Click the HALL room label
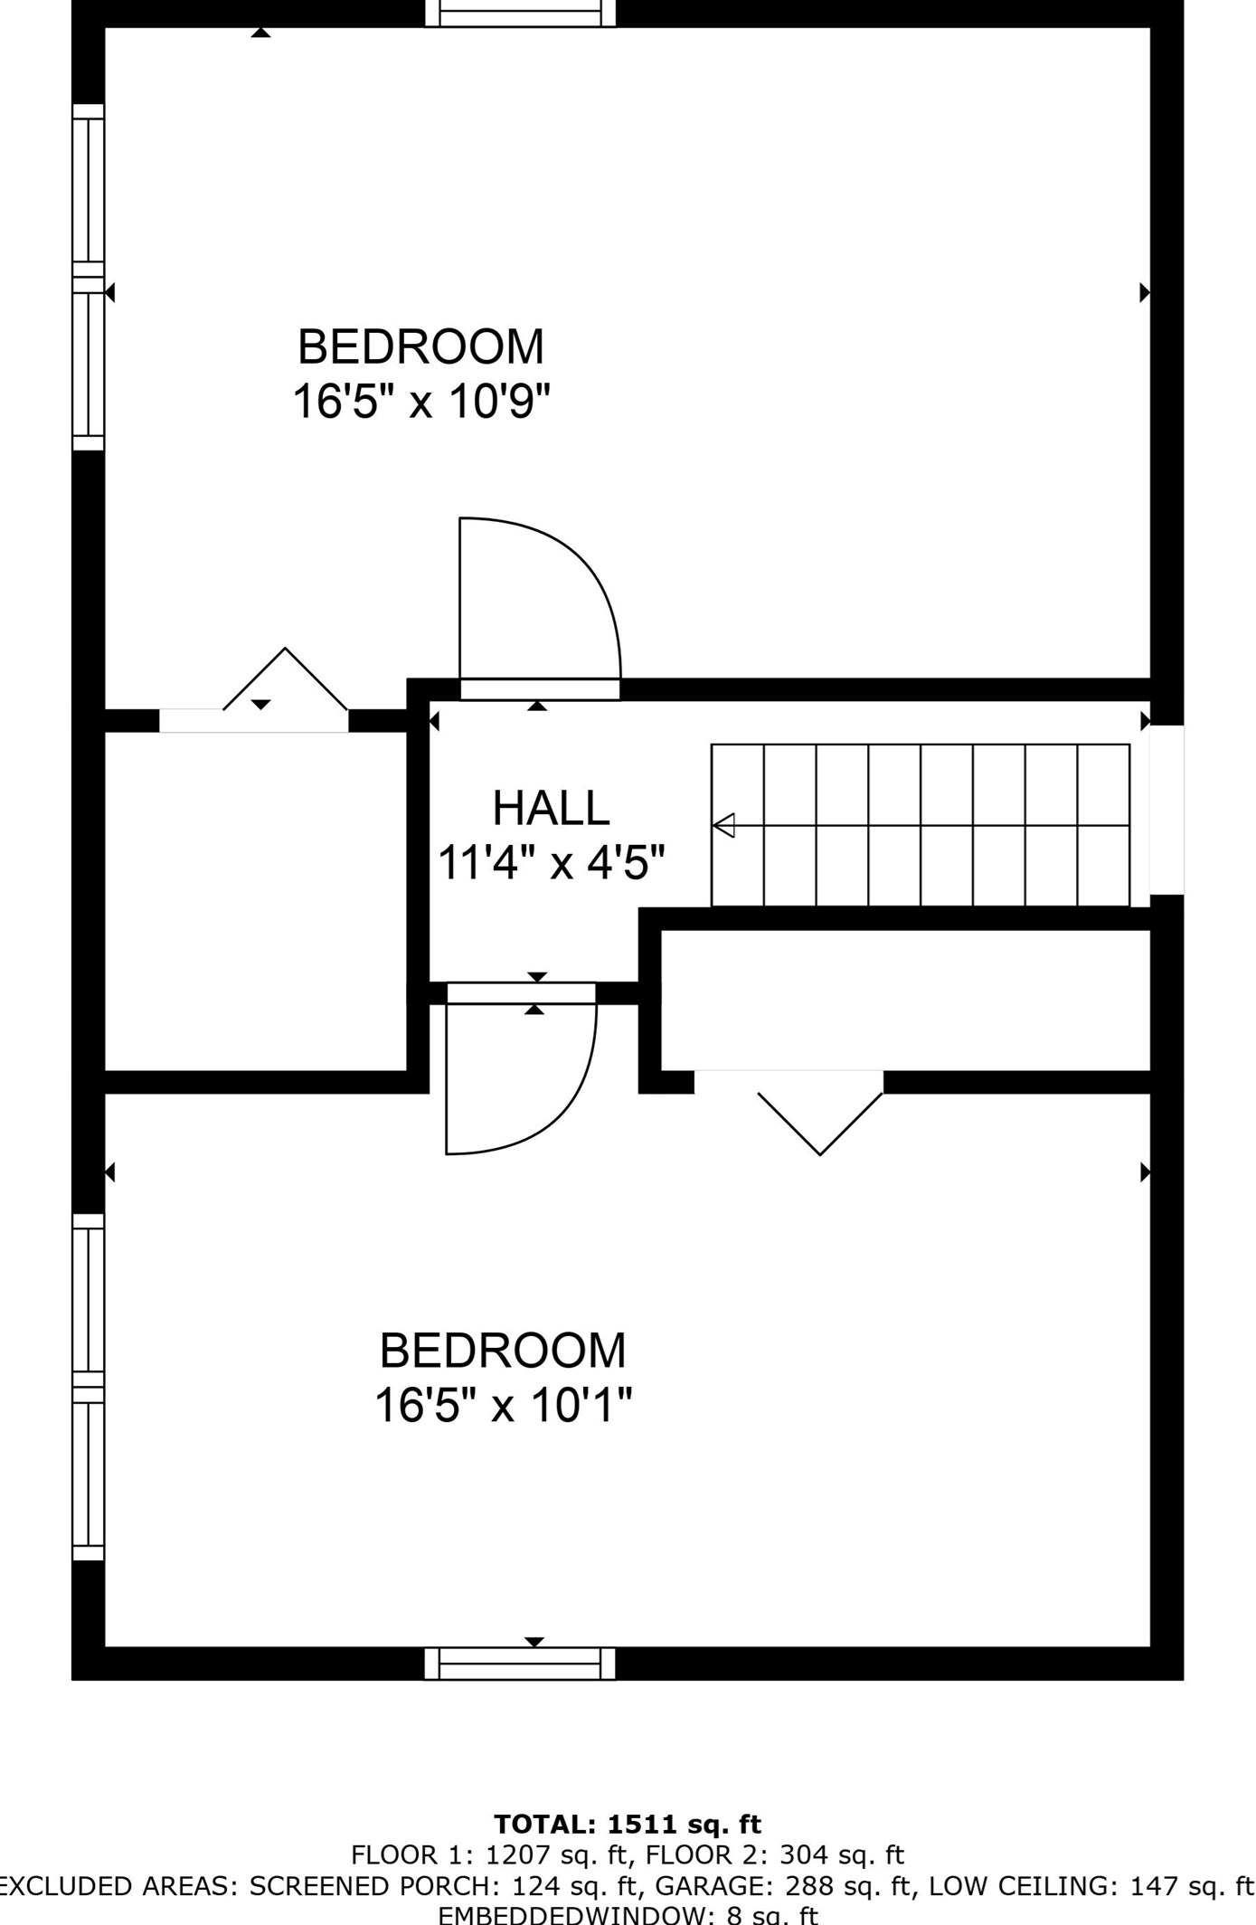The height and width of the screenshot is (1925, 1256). pyautogui.click(x=551, y=808)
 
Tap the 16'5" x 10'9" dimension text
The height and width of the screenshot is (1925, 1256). pyautogui.click(x=420, y=401)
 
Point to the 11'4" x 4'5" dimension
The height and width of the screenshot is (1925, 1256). pyautogui.click(x=552, y=863)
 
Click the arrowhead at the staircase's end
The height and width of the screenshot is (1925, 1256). pyautogui.click(x=723, y=825)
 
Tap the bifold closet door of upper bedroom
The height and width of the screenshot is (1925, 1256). pyautogui.click(x=285, y=682)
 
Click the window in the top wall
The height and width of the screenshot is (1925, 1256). pyautogui.click(x=521, y=13)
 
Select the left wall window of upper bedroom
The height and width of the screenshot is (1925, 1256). pyautogui.click(x=89, y=277)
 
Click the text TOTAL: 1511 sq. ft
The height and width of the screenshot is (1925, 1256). pyautogui.click(x=628, y=1824)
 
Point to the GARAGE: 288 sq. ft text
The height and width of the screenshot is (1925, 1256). pyautogui.click(x=782, y=1886)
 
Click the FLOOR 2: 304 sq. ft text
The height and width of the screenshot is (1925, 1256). pyautogui.click(x=774, y=1855)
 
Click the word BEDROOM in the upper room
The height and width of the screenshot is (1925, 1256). pyautogui.click(x=420, y=346)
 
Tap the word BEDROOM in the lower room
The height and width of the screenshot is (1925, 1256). pyautogui.click(x=503, y=1351)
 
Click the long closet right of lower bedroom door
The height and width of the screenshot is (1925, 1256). pyautogui.click(x=904, y=1000)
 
